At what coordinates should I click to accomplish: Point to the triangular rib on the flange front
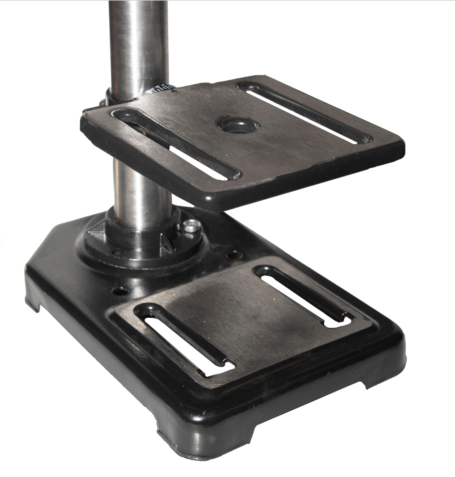[167, 244]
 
